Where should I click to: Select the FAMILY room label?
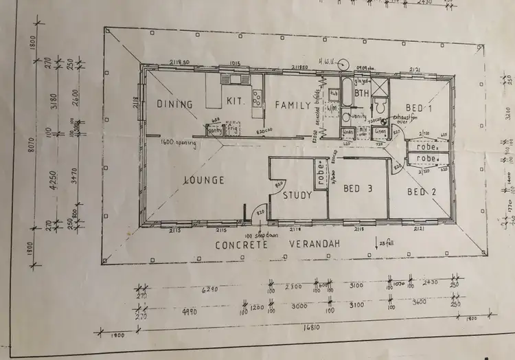[288, 104]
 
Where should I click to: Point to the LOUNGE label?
[205, 180]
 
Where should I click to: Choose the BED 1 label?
[419, 109]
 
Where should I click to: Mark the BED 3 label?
[357, 189]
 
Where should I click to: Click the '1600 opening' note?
[177, 144]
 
